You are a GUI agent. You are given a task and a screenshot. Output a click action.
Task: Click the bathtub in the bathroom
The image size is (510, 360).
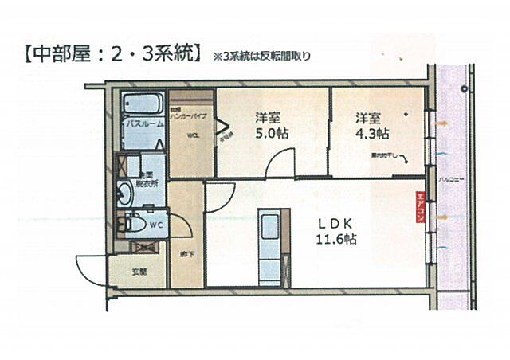tap(143, 106)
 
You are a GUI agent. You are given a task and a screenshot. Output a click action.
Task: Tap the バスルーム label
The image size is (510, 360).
tap(143, 125)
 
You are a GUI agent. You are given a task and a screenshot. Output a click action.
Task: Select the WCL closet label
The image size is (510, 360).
tap(193, 135)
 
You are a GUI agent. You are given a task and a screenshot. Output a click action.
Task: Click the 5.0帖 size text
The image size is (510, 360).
tap(271, 133)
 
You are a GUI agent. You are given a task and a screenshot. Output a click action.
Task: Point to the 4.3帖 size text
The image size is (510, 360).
tap(372, 133)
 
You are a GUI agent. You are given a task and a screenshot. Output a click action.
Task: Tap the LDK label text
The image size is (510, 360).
tap(332, 224)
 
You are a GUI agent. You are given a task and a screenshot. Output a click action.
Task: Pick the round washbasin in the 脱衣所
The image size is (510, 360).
tap(126, 192)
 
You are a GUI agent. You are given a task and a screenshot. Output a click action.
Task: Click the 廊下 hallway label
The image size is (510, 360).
tap(186, 254)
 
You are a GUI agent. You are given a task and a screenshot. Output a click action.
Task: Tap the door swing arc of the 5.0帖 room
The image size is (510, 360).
tap(279, 164)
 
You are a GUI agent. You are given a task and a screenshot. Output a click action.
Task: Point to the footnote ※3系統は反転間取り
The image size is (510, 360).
tap(261, 57)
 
